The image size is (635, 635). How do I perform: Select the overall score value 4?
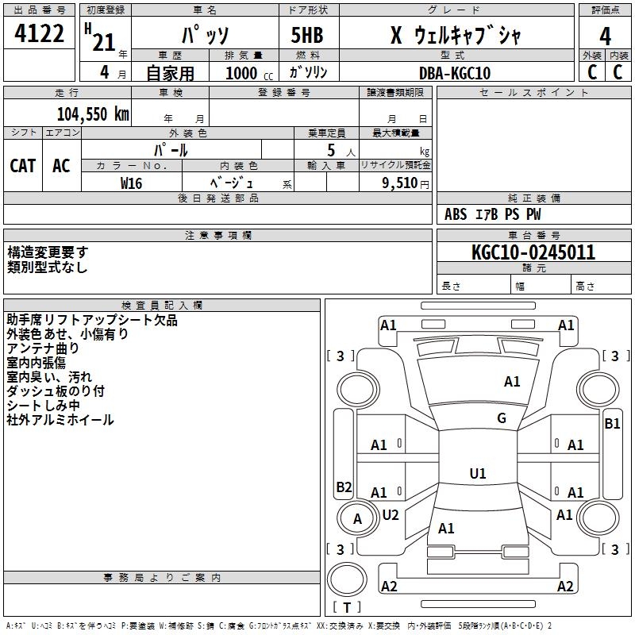(606, 36)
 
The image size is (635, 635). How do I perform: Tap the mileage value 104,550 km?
(93, 114)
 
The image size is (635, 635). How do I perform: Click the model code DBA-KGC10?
(455, 73)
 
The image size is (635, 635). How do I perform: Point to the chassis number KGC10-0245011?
(533, 252)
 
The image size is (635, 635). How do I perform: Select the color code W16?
(132, 183)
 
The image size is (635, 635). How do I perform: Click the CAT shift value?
(22, 165)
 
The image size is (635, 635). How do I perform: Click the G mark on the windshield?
(502, 418)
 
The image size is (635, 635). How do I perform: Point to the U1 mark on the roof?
(478, 474)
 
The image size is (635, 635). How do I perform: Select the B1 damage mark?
(612, 424)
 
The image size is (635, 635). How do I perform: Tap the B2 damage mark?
(344, 487)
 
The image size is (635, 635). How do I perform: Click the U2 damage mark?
(391, 514)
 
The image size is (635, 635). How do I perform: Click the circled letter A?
(357, 519)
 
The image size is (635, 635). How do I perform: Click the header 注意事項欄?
(218, 236)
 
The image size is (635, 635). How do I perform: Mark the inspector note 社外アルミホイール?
(60, 420)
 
